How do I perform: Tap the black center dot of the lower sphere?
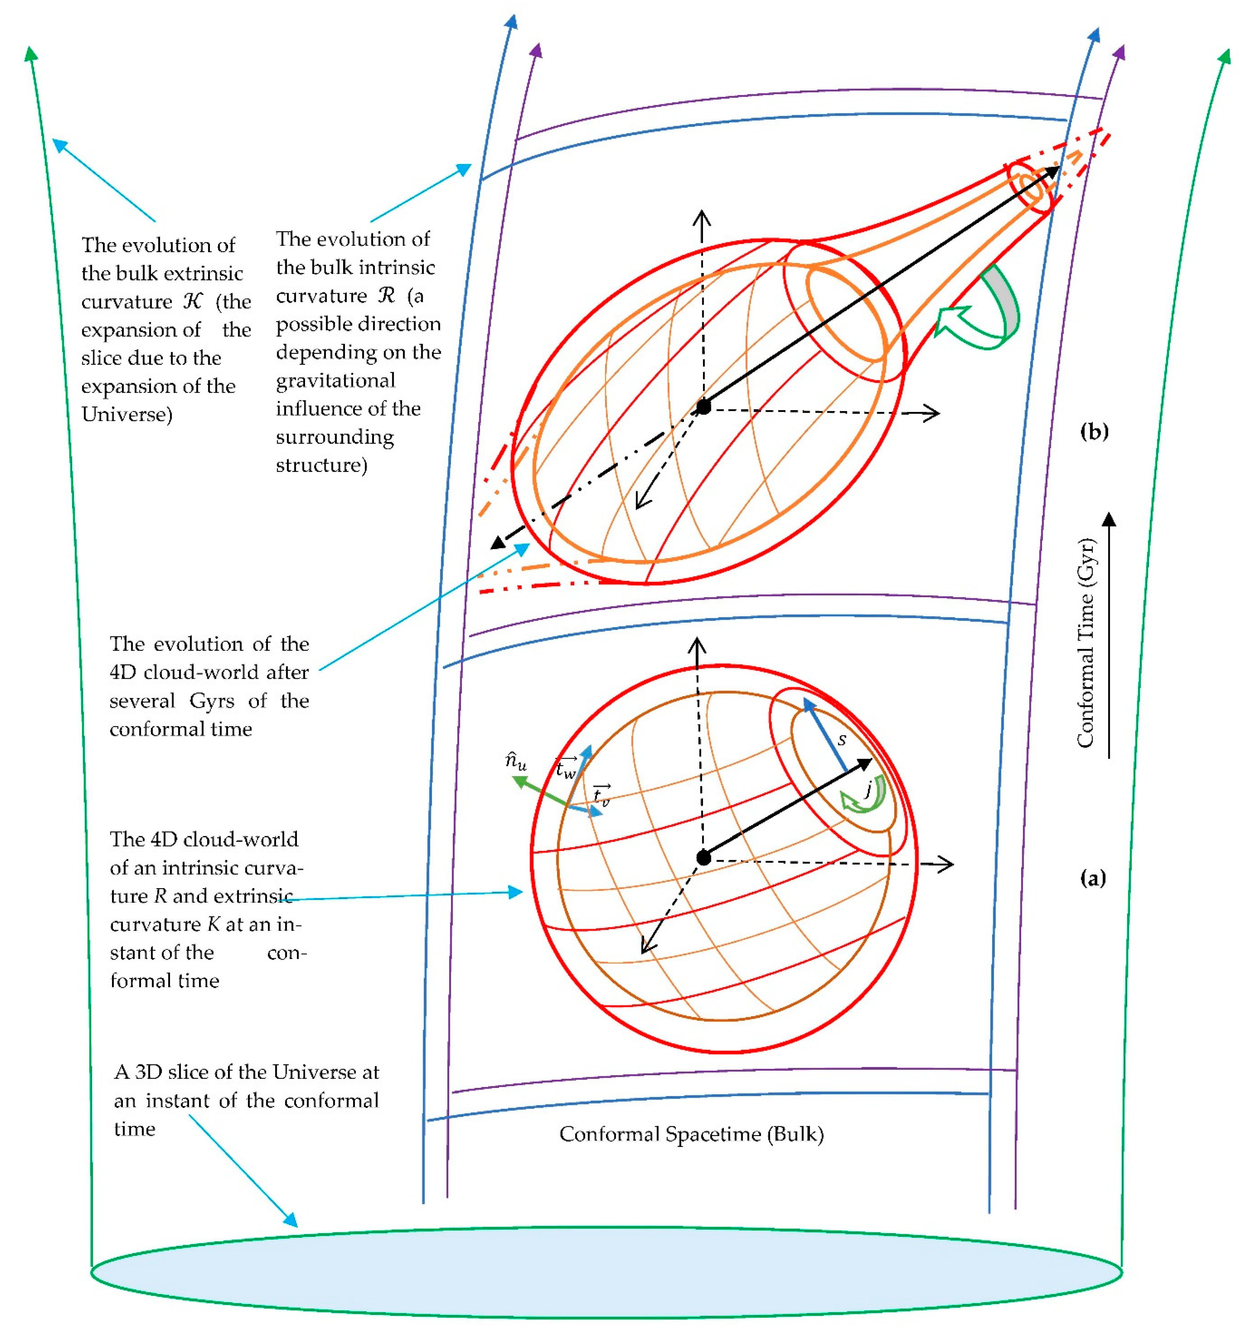click(x=703, y=858)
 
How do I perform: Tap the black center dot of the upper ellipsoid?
click(x=703, y=407)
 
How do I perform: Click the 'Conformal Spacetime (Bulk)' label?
click(x=691, y=1134)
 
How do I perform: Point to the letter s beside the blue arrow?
click(x=842, y=739)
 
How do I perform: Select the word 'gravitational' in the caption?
click(x=335, y=380)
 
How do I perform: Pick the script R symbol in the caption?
click(x=386, y=295)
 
